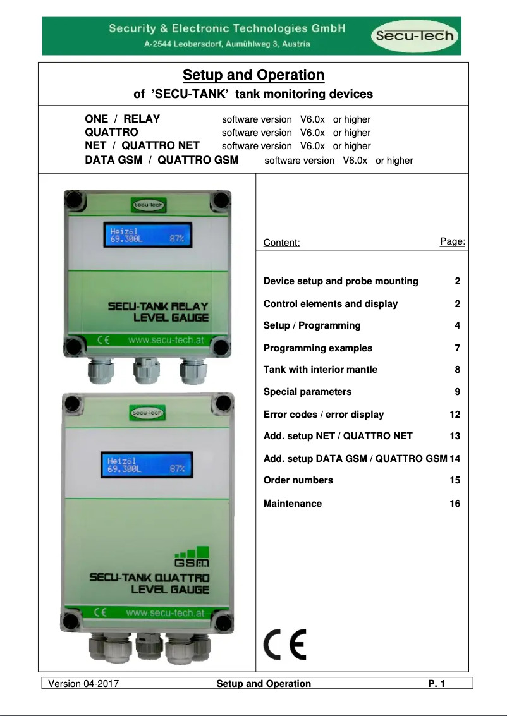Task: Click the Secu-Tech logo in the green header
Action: tap(415, 35)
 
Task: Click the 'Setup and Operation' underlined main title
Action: tap(253, 75)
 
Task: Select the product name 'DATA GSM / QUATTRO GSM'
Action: tap(162, 160)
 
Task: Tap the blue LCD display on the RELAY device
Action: tap(148, 234)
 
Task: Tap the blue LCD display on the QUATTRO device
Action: tap(147, 465)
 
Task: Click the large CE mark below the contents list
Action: tap(284, 645)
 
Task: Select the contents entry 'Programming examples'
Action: tap(318, 348)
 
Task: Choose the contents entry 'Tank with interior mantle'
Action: tap(321, 370)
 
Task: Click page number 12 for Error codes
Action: tap(455, 415)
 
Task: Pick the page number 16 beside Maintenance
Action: tap(455, 504)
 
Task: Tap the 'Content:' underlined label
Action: tap(281, 243)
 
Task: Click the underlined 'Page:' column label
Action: tap(453, 241)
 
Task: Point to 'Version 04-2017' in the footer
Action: tap(84, 684)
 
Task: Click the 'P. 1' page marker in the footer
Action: tap(437, 684)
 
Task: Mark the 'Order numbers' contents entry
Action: tap(298, 480)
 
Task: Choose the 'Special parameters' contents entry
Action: tap(307, 392)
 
